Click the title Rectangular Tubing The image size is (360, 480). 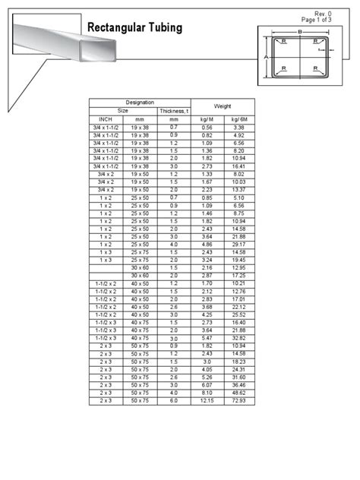[135, 28]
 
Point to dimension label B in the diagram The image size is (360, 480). [300, 32]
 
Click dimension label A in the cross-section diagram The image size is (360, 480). [265, 58]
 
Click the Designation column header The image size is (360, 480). [139, 102]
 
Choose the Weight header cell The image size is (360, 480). [223, 106]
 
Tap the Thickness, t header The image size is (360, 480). [173, 111]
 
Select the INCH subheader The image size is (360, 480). [106, 119]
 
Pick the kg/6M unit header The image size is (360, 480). [240, 119]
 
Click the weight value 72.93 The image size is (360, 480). [240, 400]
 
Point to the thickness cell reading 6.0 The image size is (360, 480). [174, 400]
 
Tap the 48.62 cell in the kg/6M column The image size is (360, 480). [240, 393]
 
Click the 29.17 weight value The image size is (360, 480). [240, 245]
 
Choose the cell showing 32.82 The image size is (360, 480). [240, 338]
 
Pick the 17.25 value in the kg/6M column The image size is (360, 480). [240, 275]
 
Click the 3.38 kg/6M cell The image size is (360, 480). [240, 127]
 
